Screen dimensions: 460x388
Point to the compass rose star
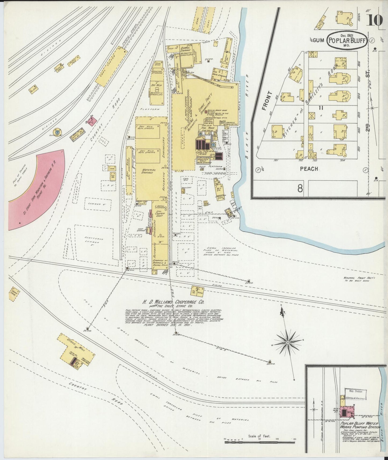click(x=288, y=342)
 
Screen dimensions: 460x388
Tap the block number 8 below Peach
click(x=300, y=188)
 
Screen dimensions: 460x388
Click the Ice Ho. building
click(x=113, y=176)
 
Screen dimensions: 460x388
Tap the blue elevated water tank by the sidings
click(x=57, y=132)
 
